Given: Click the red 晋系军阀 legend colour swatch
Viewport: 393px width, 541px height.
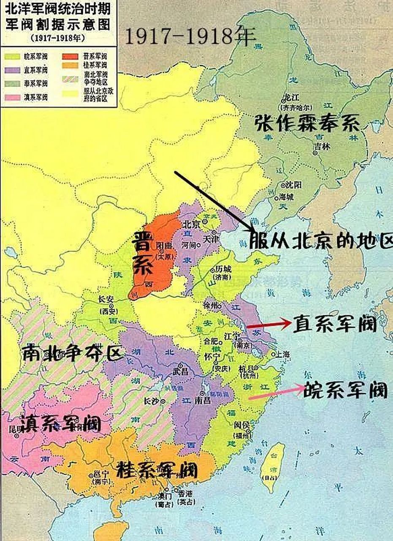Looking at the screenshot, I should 70,56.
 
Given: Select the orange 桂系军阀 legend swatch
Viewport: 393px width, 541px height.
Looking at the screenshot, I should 70,66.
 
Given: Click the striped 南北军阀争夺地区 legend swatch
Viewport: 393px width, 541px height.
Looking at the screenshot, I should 70,79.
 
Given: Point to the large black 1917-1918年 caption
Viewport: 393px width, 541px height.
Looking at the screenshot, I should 190,37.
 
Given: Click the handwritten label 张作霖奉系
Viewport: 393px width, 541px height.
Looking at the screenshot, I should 307,123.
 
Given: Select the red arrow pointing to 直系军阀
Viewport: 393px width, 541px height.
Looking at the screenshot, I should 268,325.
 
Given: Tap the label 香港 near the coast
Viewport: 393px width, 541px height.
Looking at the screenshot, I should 185,494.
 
